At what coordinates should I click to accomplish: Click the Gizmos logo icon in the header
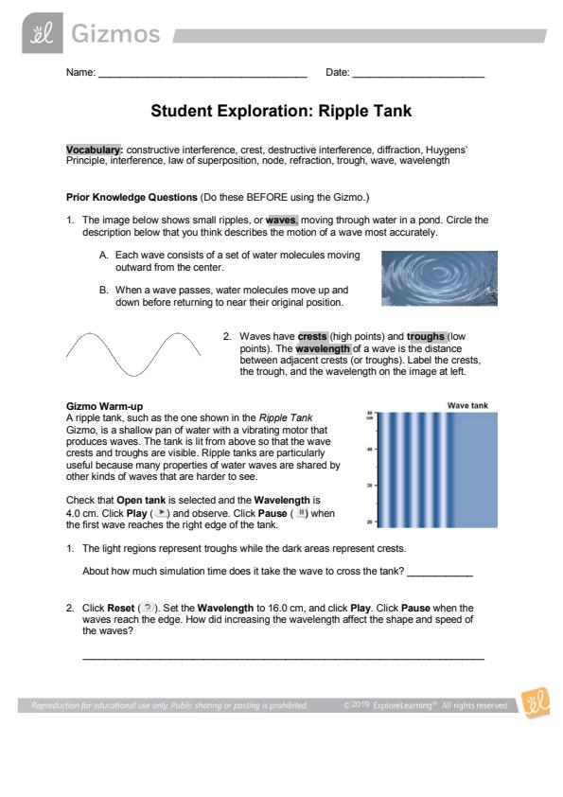[x=43, y=33]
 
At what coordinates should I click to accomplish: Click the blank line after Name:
[x=202, y=77]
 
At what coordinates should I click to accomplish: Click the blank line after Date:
[x=418, y=77]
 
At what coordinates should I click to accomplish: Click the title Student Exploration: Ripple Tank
[x=281, y=111]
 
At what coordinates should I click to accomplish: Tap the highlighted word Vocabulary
[x=94, y=150]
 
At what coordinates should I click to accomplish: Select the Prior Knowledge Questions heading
[x=132, y=197]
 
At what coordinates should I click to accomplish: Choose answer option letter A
[x=104, y=256]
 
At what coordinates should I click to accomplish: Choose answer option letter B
[x=104, y=291]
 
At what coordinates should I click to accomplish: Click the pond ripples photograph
[x=440, y=278]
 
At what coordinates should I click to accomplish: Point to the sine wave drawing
[x=133, y=354]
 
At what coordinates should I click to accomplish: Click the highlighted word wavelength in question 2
[x=323, y=348]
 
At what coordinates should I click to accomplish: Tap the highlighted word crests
[x=312, y=336]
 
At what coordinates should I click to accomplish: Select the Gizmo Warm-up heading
[x=105, y=406]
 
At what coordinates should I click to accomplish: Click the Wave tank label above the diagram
[x=467, y=406]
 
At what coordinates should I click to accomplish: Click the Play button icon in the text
[x=161, y=512]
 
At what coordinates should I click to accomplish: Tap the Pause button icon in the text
[x=301, y=512]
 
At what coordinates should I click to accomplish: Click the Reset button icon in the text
[x=148, y=608]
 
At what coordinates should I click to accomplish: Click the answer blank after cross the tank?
[x=440, y=575]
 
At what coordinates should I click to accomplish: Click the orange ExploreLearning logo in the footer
[x=535, y=703]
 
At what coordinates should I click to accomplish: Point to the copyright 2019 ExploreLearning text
[x=425, y=705]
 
